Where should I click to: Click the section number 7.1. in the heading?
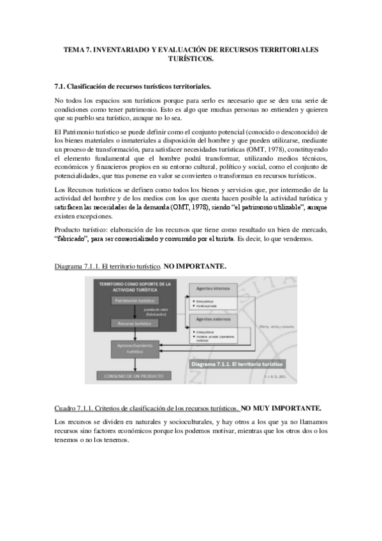[63, 85]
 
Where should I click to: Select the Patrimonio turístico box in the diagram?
[135, 300]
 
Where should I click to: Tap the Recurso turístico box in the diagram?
[135, 323]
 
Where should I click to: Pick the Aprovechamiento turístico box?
[135, 348]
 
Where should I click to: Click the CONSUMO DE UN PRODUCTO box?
[135, 376]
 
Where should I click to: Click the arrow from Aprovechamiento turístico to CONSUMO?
[135, 364]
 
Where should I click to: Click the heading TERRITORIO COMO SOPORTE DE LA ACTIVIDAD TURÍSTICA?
[135, 285]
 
